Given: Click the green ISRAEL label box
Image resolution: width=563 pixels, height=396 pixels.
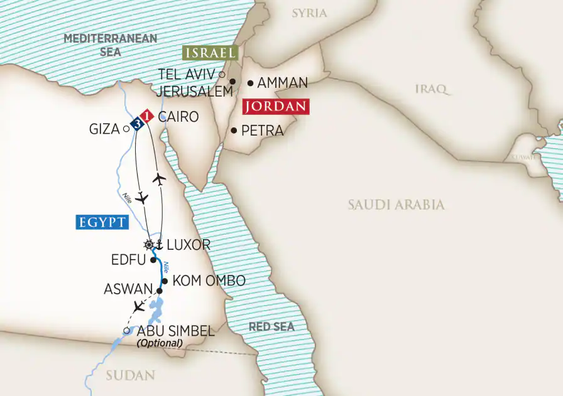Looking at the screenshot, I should click(x=210, y=52).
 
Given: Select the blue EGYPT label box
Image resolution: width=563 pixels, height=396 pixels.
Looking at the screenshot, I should click(x=101, y=222).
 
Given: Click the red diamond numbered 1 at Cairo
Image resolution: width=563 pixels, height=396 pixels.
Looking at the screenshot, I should click(x=146, y=116).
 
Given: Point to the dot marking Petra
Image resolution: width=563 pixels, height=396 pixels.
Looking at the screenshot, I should click(x=234, y=131).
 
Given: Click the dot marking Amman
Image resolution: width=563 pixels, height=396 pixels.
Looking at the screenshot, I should click(x=250, y=82).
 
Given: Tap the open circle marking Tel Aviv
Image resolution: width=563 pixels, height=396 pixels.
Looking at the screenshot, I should click(x=222, y=74).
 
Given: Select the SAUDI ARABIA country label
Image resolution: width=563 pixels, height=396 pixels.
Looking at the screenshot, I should click(x=396, y=205).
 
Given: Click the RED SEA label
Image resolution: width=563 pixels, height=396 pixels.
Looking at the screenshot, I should click(x=271, y=327).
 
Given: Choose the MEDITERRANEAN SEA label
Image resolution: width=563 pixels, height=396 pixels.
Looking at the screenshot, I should click(x=110, y=45).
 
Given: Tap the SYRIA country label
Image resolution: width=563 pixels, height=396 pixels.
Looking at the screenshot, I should click(x=309, y=13).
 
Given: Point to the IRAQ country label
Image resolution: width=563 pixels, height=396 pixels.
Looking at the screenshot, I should click(x=433, y=88).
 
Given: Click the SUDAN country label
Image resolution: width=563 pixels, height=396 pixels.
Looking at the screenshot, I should click(x=130, y=375).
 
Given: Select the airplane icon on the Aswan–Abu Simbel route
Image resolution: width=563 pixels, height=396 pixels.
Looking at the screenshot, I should click(x=139, y=307).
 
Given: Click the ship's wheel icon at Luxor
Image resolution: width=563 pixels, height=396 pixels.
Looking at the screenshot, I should click(x=149, y=244).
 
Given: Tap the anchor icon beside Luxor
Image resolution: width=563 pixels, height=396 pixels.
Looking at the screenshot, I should click(x=159, y=244).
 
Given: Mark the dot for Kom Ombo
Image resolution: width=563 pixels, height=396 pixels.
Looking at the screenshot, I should click(x=165, y=281).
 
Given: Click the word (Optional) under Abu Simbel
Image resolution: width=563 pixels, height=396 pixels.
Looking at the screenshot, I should click(x=159, y=343).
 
